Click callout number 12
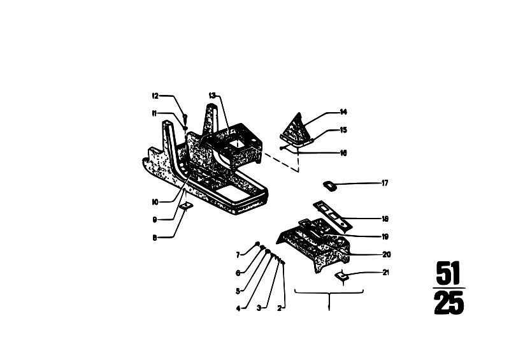(x=155, y=96)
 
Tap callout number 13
(x=212, y=96)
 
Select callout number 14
(x=343, y=112)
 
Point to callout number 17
(x=385, y=183)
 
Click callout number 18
(x=385, y=219)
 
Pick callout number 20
(x=386, y=254)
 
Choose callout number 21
(x=385, y=272)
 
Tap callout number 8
(x=155, y=238)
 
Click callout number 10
(x=155, y=202)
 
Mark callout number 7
(x=238, y=255)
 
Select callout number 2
(x=279, y=308)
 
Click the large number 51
(x=448, y=273)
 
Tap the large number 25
(x=449, y=303)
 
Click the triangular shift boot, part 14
(x=296, y=129)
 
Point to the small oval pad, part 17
(x=329, y=185)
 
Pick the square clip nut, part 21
(x=341, y=276)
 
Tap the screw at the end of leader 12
(x=185, y=116)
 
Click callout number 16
(x=343, y=152)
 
